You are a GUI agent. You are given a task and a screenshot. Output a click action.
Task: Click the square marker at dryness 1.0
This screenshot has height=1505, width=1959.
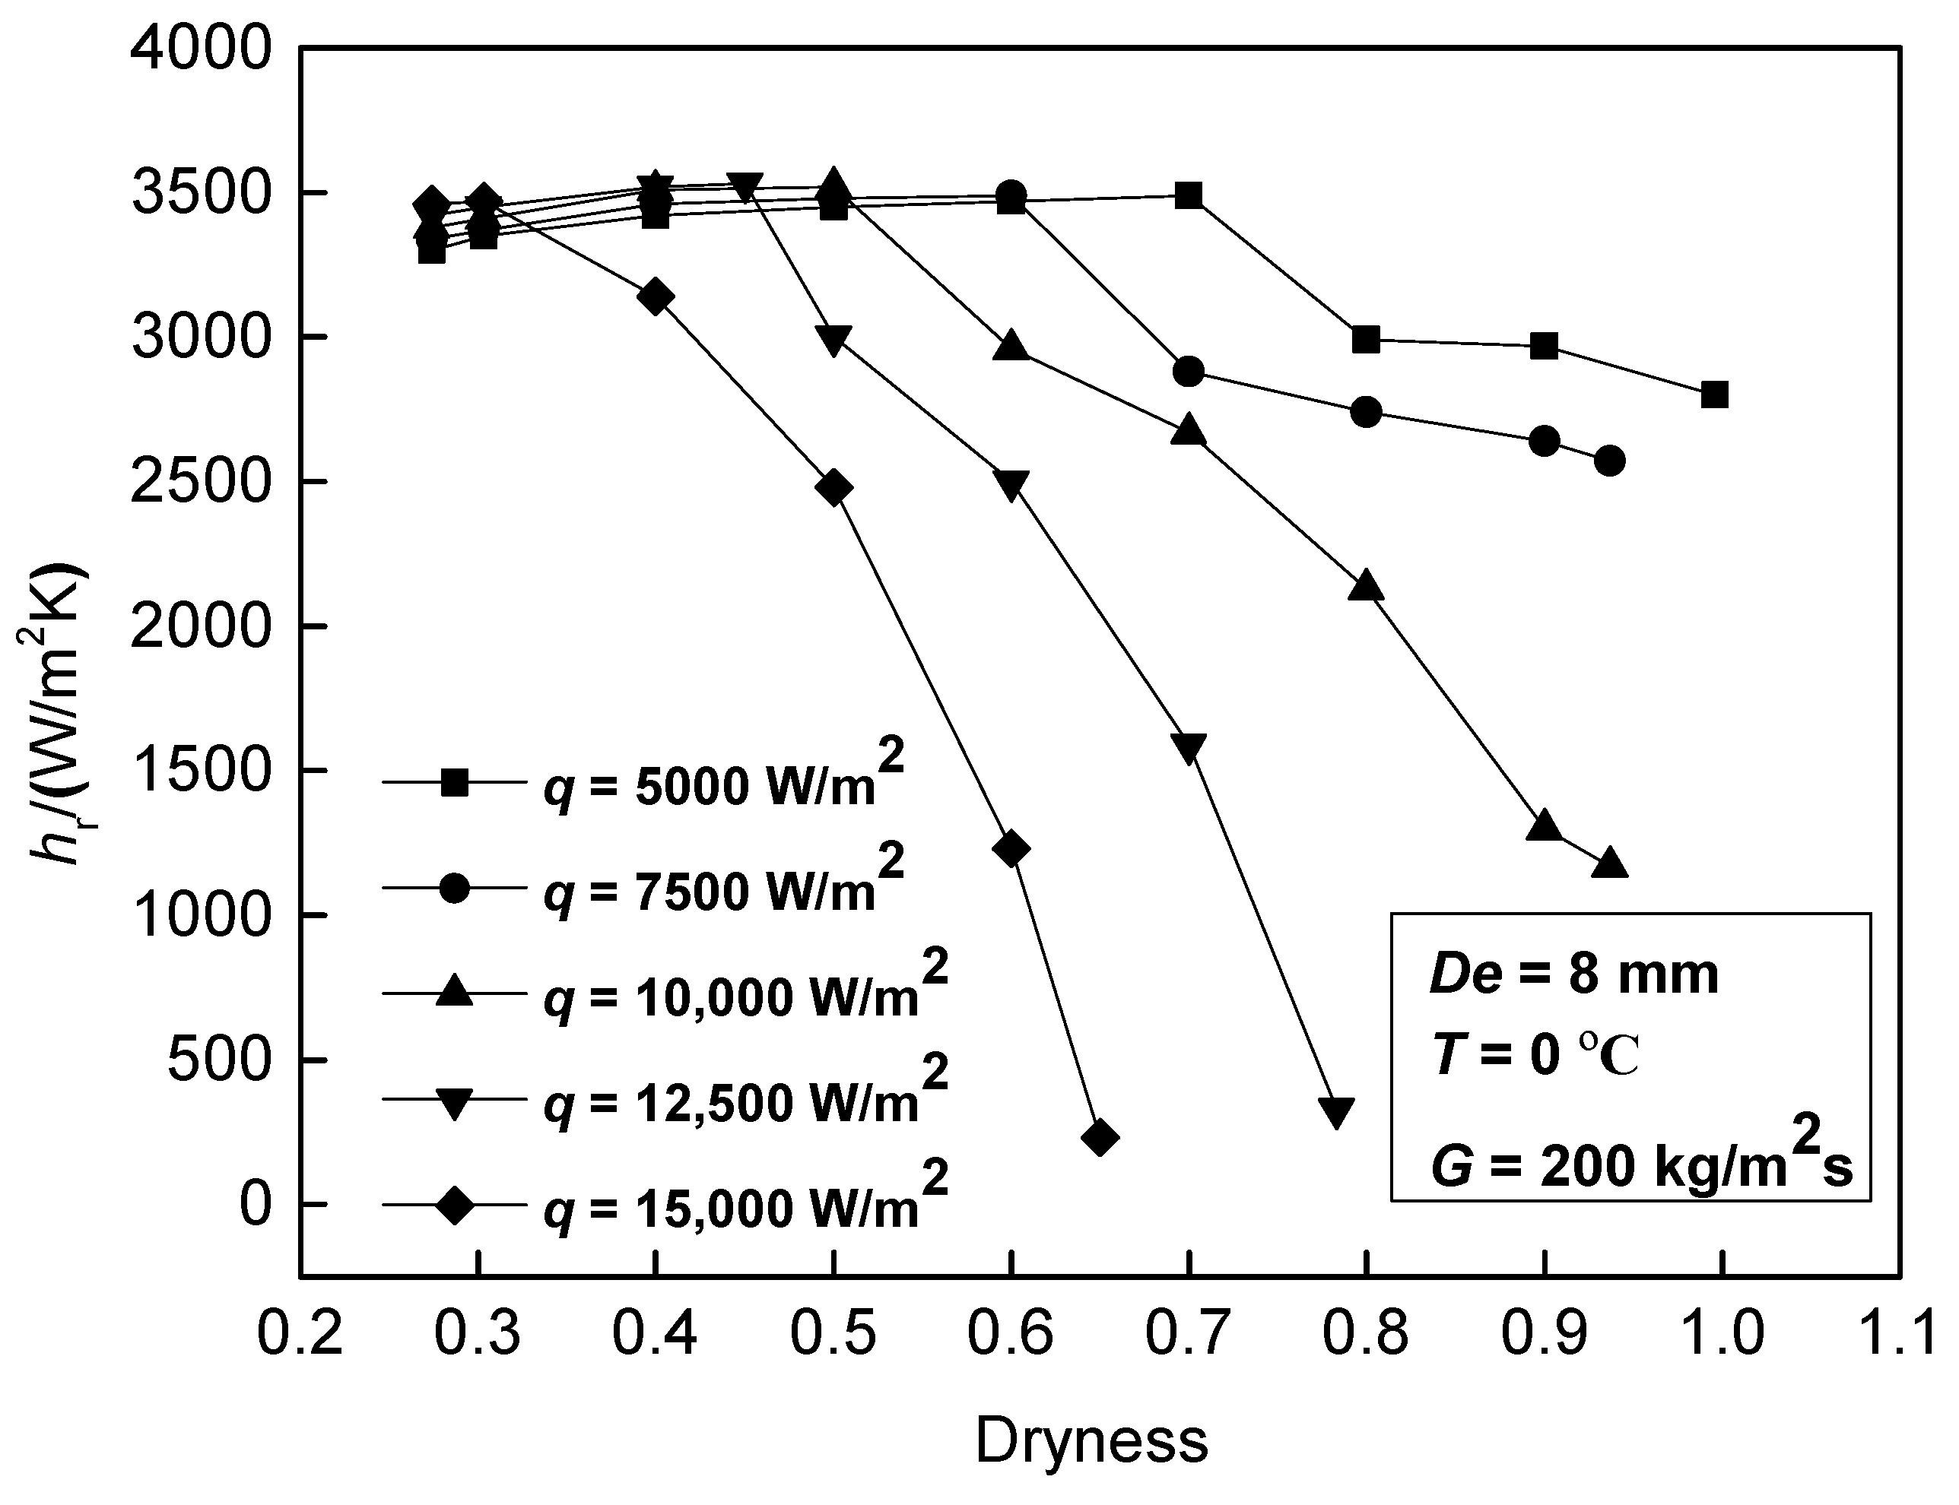1713,394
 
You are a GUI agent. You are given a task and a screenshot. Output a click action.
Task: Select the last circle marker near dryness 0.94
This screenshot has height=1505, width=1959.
1609,461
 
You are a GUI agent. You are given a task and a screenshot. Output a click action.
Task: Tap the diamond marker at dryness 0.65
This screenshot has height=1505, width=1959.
1100,1138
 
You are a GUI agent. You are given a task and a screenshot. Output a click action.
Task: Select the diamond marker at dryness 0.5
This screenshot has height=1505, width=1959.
833,488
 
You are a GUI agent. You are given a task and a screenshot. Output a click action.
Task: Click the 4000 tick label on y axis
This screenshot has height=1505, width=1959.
200,49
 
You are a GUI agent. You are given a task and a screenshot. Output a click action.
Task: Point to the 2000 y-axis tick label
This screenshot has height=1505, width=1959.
200,627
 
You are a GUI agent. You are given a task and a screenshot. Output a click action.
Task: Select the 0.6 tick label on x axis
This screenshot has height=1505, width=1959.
1010,1332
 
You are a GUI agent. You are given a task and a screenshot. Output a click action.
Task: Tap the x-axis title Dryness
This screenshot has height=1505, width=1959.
1091,1441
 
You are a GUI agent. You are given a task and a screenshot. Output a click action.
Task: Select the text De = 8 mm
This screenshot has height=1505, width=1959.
1573,974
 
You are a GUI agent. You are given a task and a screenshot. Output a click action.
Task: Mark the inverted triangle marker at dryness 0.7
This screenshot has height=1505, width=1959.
1189,747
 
